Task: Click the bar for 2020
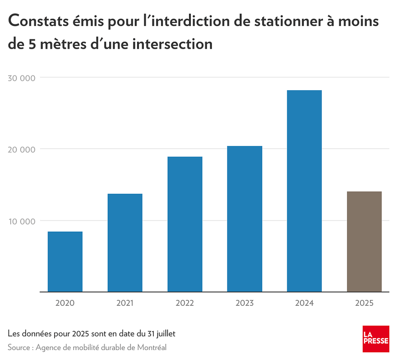pos(65,262)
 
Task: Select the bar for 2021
pos(125,243)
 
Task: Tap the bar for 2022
pos(185,224)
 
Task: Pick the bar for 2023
pos(245,219)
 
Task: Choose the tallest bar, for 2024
pos(304,191)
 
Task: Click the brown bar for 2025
pos(364,242)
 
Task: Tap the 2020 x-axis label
pos(65,303)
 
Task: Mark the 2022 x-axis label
pos(185,303)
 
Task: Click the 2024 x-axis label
pos(304,303)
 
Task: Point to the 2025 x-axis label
pos(364,303)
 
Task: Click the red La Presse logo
pos(376,339)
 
